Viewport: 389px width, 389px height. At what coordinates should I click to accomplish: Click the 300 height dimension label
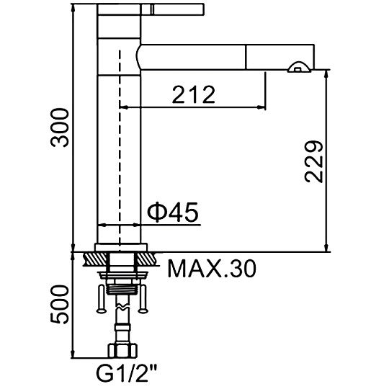(59, 128)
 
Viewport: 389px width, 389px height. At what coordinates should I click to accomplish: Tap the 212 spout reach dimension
(194, 94)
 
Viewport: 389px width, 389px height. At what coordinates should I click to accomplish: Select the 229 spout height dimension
(314, 162)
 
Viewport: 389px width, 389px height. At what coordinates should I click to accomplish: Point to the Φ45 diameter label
(173, 212)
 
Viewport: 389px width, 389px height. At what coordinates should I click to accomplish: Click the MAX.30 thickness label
(212, 269)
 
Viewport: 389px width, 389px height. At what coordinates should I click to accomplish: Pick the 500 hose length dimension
(59, 304)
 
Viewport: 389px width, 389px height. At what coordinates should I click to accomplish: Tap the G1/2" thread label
(127, 374)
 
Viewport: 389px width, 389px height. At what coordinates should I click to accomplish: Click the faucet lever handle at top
(151, 9)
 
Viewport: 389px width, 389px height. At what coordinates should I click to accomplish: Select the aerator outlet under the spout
(300, 68)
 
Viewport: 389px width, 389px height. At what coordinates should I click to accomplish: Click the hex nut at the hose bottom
(122, 351)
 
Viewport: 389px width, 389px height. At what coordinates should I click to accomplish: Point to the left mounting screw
(102, 299)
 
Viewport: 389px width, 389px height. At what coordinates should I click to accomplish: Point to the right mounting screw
(143, 299)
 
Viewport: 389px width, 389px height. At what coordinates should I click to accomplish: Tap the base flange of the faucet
(121, 247)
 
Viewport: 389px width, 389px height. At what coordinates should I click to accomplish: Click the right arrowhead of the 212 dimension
(261, 107)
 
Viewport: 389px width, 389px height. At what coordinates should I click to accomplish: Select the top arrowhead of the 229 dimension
(327, 74)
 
